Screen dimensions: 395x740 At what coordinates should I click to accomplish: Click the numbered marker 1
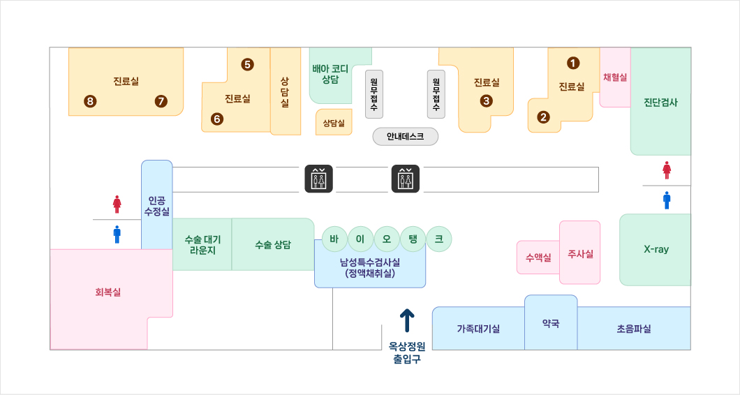(573, 63)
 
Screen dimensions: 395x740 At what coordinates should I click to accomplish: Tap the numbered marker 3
(487, 100)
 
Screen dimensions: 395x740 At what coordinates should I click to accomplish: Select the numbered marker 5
(247, 65)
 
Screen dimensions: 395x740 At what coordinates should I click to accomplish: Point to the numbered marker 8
(89, 101)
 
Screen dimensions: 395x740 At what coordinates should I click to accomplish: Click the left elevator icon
(318, 179)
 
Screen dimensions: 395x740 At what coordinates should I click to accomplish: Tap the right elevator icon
(406, 179)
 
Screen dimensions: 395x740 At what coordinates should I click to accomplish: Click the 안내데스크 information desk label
(406, 137)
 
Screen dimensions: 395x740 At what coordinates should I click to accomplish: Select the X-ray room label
(656, 249)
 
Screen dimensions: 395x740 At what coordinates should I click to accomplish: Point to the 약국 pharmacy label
(551, 324)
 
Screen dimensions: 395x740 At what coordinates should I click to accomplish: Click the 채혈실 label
(615, 77)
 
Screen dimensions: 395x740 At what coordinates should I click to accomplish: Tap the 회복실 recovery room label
(108, 292)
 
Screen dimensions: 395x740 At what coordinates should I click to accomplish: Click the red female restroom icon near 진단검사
(667, 170)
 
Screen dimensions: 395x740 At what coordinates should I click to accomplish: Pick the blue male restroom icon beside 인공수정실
(117, 234)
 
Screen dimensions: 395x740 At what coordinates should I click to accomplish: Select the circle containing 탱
(413, 239)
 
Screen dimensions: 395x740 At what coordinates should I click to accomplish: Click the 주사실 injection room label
(580, 254)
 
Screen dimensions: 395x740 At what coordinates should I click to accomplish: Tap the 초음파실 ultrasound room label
(633, 329)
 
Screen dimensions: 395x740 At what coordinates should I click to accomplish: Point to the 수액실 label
(538, 258)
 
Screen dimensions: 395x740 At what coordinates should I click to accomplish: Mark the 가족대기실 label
(478, 329)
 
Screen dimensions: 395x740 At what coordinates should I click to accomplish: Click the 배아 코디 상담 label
(330, 74)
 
